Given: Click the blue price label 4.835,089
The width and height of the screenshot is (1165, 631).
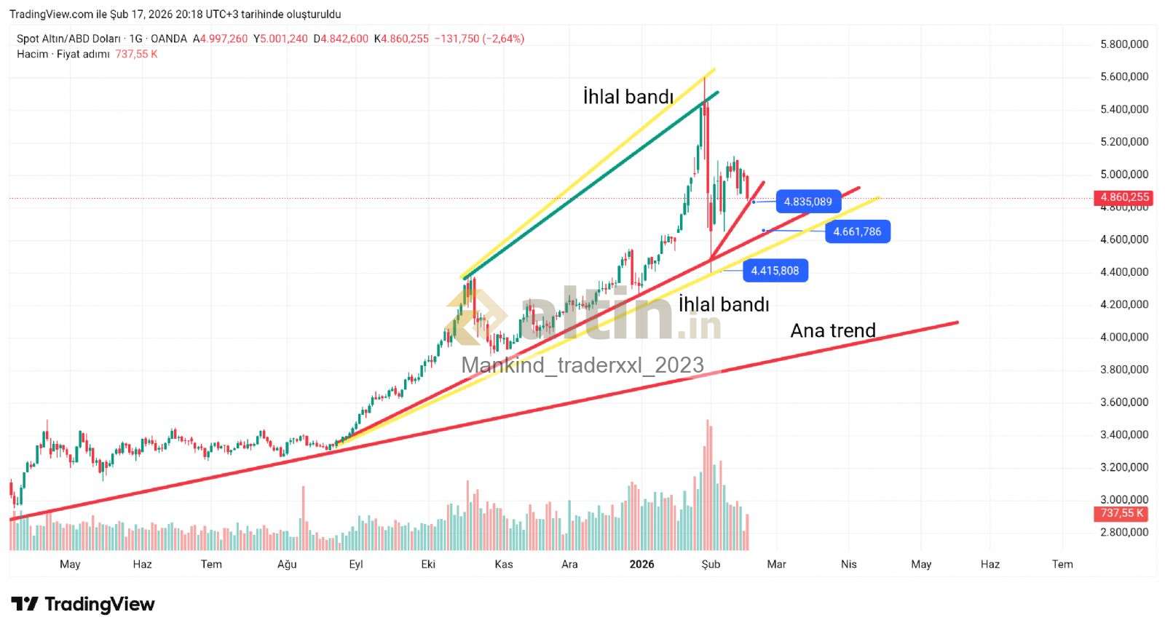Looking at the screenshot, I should click(x=808, y=202).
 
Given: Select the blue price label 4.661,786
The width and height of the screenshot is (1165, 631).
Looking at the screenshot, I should click(x=857, y=232).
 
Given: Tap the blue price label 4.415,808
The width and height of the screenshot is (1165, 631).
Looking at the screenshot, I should click(x=775, y=271).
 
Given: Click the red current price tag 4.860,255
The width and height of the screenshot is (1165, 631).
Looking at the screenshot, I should click(x=1124, y=197).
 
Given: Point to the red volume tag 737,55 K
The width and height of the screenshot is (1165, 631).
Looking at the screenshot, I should click(x=1123, y=513).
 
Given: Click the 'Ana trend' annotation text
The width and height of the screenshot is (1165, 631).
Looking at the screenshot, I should click(x=833, y=330).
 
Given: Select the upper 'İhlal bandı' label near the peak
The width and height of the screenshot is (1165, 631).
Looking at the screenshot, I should click(x=628, y=97).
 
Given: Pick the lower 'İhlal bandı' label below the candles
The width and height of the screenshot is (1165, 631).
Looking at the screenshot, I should click(x=724, y=304).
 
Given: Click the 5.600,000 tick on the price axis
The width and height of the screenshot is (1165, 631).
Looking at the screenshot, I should click(x=1123, y=76).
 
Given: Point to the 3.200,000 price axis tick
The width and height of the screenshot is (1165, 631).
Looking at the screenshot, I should click(x=1123, y=467).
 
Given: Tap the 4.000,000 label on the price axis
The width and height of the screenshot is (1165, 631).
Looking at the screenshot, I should click(x=1123, y=337).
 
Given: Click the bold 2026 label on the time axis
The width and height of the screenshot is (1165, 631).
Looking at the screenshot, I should click(x=641, y=564).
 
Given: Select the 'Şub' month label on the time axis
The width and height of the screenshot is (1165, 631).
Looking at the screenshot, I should click(x=711, y=564).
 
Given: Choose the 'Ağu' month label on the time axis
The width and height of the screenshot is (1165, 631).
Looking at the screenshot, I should click(x=287, y=564).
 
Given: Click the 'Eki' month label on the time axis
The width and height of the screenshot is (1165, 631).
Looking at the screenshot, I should click(x=428, y=564).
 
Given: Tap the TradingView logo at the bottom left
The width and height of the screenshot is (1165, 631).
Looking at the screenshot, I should click(x=83, y=604).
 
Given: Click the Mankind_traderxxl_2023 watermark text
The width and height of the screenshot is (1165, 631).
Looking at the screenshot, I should click(x=582, y=365).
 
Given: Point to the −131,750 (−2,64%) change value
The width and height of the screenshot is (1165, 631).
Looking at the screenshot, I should click(x=479, y=39).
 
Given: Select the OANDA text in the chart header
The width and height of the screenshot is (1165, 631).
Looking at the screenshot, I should click(x=169, y=39).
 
